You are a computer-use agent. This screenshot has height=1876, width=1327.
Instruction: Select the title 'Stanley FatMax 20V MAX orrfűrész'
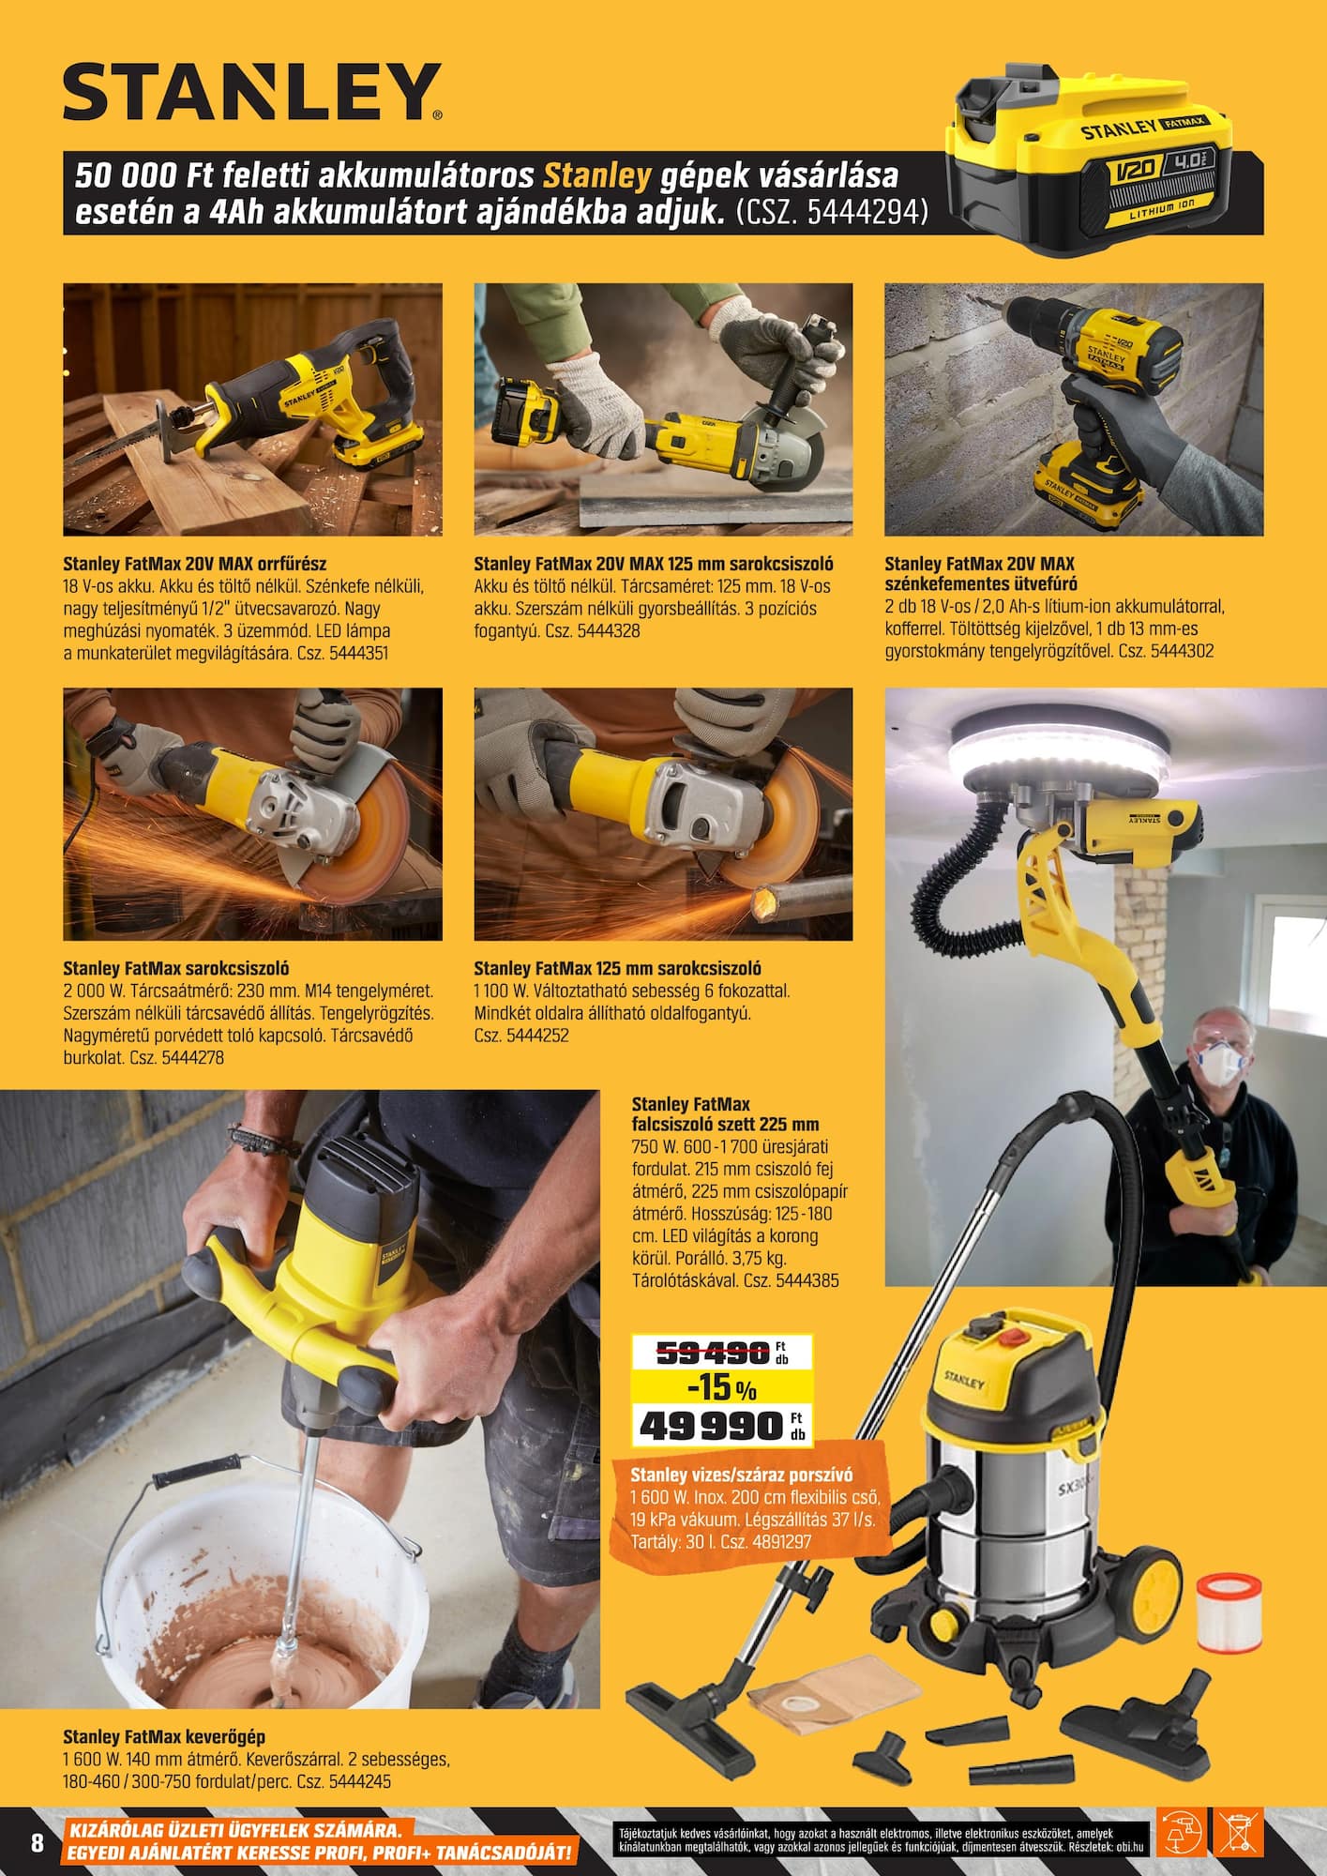pyautogui.click(x=195, y=564)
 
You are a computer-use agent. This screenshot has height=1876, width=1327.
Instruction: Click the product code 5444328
pyautogui.click(x=609, y=631)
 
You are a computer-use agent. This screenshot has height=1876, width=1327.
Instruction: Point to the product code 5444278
pyautogui.click(x=192, y=1058)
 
